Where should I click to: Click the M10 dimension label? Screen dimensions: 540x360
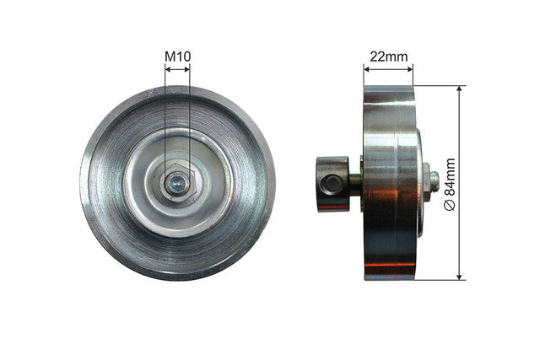pyautogui.click(x=177, y=56)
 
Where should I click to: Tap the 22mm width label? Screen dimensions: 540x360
pyautogui.click(x=389, y=56)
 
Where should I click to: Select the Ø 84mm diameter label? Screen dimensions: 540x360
pyautogui.click(x=450, y=185)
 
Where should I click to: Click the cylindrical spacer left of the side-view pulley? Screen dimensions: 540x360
pyautogui.click(x=332, y=184)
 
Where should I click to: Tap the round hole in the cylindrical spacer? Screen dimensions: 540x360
pyautogui.click(x=332, y=184)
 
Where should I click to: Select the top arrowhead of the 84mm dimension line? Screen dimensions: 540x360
pyautogui.click(x=459, y=89)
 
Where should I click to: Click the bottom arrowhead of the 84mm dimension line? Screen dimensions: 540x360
pyautogui.click(x=459, y=277)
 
